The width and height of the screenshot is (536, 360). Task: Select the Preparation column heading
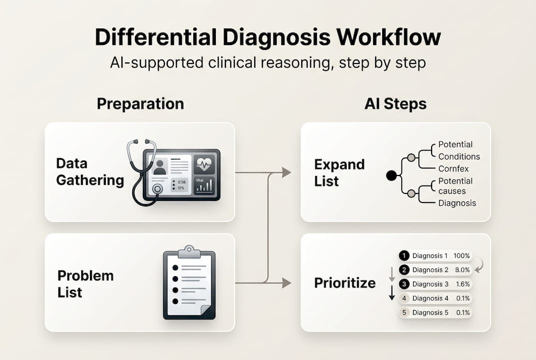click(x=140, y=103)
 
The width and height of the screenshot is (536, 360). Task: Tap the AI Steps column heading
click(x=395, y=103)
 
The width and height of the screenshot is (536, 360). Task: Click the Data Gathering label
click(x=90, y=171)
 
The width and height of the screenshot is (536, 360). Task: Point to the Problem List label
click(x=85, y=283)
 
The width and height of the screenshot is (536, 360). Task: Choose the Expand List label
click(x=339, y=172)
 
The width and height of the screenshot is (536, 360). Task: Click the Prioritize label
click(x=345, y=283)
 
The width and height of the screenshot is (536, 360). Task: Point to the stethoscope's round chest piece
click(x=158, y=189)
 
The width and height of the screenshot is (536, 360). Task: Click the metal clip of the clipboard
click(x=189, y=250)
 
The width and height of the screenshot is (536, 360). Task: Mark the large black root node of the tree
click(x=392, y=175)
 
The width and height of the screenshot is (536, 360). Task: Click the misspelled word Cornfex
click(x=454, y=168)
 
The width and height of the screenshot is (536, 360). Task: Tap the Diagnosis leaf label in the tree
click(x=457, y=203)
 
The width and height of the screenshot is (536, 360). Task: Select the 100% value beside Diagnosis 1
click(x=462, y=255)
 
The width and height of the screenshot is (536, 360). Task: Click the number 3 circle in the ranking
click(x=404, y=284)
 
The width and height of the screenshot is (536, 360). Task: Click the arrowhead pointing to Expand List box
click(x=287, y=172)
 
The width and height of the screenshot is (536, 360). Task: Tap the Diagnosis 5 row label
click(x=430, y=312)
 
